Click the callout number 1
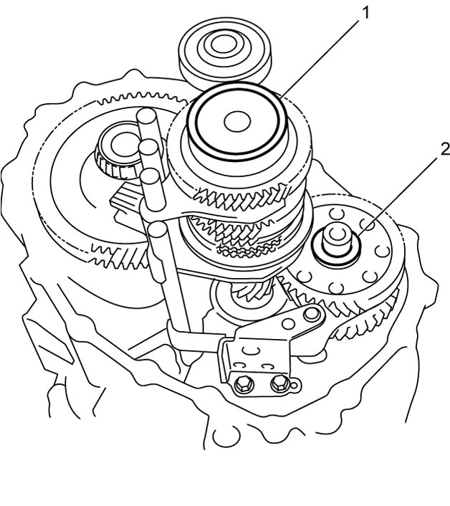[x=365, y=13]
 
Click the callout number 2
[x=445, y=149]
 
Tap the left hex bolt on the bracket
[x=243, y=384]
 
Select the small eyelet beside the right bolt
[x=294, y=386]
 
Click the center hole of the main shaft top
[x=237, y=122]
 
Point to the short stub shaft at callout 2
[x=337, y=239]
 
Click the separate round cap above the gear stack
[x=225, y=54]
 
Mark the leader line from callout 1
[x=320, y=58]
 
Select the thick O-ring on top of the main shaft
[x=237, y=122]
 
